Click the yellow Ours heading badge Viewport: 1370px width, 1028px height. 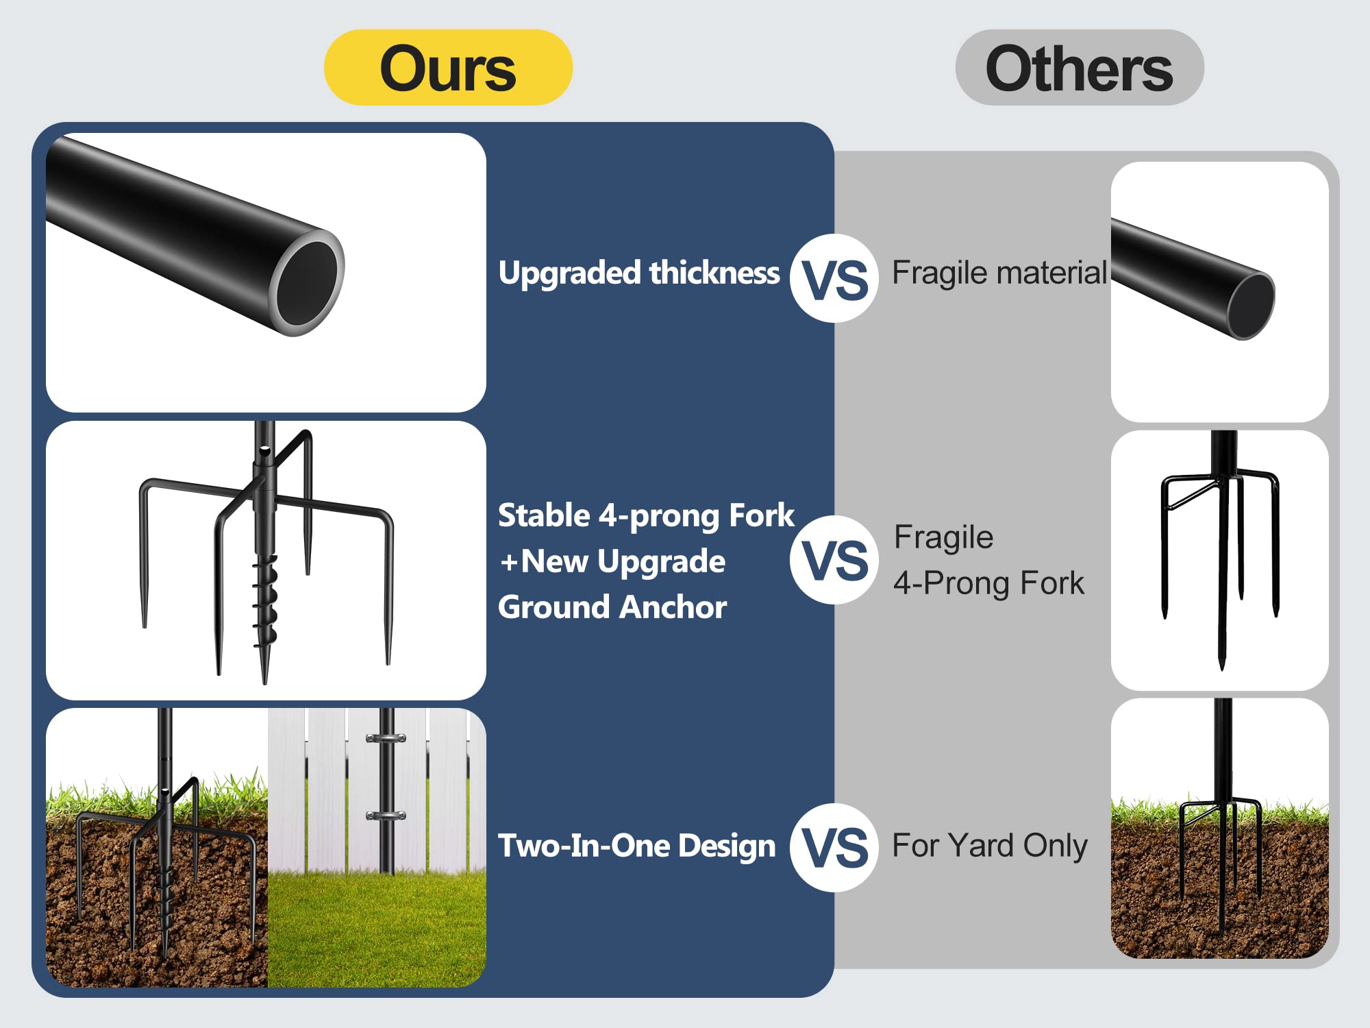448,68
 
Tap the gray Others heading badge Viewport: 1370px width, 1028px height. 1079,68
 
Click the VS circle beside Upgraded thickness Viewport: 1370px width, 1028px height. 834,278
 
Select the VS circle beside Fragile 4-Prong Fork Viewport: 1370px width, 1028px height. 834,560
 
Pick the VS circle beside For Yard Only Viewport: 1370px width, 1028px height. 834,847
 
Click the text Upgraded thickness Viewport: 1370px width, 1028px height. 638,273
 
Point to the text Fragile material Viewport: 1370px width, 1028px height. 999,273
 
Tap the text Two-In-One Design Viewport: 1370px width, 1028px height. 636,846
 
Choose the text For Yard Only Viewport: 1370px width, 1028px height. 989,846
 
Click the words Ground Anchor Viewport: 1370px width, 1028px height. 612,607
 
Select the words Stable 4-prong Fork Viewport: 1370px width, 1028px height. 645,515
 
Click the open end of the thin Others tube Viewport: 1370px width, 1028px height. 1251,306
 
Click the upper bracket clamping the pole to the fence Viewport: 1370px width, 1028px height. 386,739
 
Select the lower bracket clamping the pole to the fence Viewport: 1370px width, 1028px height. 386,816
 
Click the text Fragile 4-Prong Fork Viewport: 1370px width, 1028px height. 988,560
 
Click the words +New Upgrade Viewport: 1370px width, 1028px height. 612,561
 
